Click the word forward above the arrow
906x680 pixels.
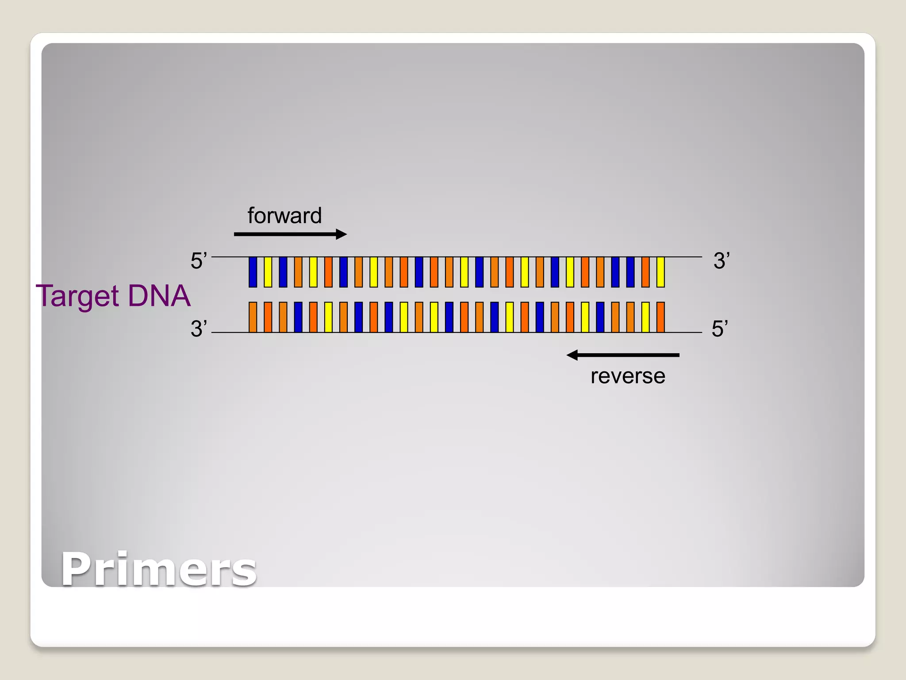tap(284, 216)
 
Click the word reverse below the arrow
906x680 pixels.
tap(628, 376)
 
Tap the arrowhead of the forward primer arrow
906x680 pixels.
tap(341, 234)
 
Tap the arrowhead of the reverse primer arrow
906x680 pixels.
tap(572, 355)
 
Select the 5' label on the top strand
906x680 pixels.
tap(199, 261)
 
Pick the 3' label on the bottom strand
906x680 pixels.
tap(199, 329)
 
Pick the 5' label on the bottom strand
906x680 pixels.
tap(720, 329)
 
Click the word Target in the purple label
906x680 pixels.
tap(78, 296)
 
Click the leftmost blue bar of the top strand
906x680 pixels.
tap(253, 272)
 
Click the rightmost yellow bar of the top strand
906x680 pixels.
tap(660, 272)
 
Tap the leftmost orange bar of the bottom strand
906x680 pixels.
tap(253, 317)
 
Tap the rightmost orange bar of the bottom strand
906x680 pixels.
tap(660, 317)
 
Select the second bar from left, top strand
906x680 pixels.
tap(268, 272)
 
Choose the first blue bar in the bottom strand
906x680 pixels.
tap(298, 317)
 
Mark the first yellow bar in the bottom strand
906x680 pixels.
tap(328, 317)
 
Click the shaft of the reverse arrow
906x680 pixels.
tap(628, 355)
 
